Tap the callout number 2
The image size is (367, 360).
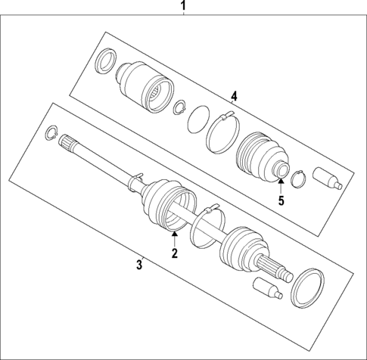point(174,254)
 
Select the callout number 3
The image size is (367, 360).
point(139,264)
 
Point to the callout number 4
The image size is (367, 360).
point(235,96)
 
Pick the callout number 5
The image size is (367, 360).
point(280,200)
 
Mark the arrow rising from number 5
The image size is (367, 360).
point(280,186)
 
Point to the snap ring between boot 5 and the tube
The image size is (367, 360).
point(297,178)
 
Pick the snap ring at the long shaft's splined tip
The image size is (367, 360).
point(51,133)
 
